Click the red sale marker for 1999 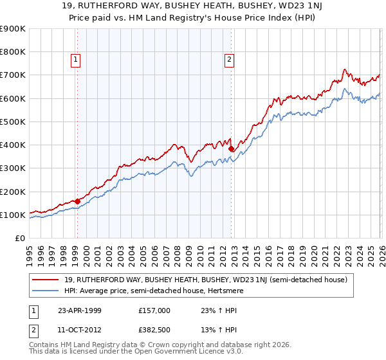click(x=77, y=201)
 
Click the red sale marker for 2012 click(x=230, y=148)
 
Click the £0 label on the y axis click(x=19, y=238)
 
